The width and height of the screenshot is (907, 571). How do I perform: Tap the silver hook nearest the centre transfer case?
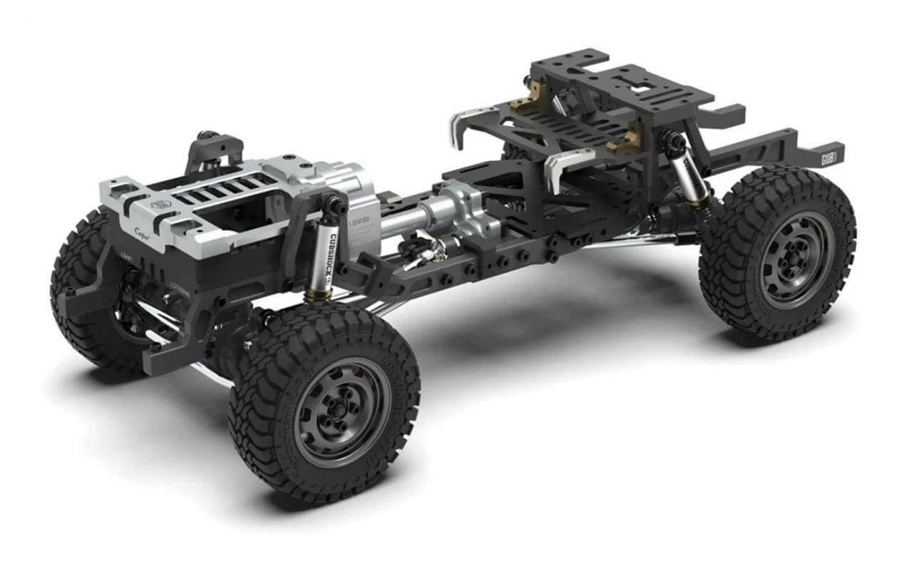click(x=563, y=168)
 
